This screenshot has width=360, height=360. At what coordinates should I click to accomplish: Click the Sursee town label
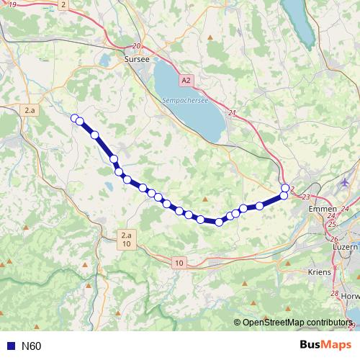[137, 60]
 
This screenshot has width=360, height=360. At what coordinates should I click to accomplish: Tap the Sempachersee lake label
[185, 101]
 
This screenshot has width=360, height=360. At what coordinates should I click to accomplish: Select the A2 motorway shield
[187, 80]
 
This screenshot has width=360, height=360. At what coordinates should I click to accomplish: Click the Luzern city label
[346, 246]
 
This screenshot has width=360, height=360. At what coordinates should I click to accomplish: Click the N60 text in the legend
[32, 346]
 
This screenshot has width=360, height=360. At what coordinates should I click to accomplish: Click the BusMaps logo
[323, 346]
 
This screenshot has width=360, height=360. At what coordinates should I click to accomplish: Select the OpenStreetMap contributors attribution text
[298, 323]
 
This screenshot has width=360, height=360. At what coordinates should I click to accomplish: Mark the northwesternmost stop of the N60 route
[74, 117]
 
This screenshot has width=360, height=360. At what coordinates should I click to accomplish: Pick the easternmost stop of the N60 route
[285, 188]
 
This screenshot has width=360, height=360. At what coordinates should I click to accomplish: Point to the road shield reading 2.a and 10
[126, 240]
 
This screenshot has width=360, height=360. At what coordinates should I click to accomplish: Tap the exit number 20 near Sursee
[137, 45]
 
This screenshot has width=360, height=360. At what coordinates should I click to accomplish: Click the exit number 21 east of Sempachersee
[232, 113]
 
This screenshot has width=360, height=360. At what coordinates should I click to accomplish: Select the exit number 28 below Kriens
[334, 294]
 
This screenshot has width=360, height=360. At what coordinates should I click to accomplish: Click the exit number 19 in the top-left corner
[13, 5]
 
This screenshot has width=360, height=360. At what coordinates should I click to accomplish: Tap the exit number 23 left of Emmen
[307, 197]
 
